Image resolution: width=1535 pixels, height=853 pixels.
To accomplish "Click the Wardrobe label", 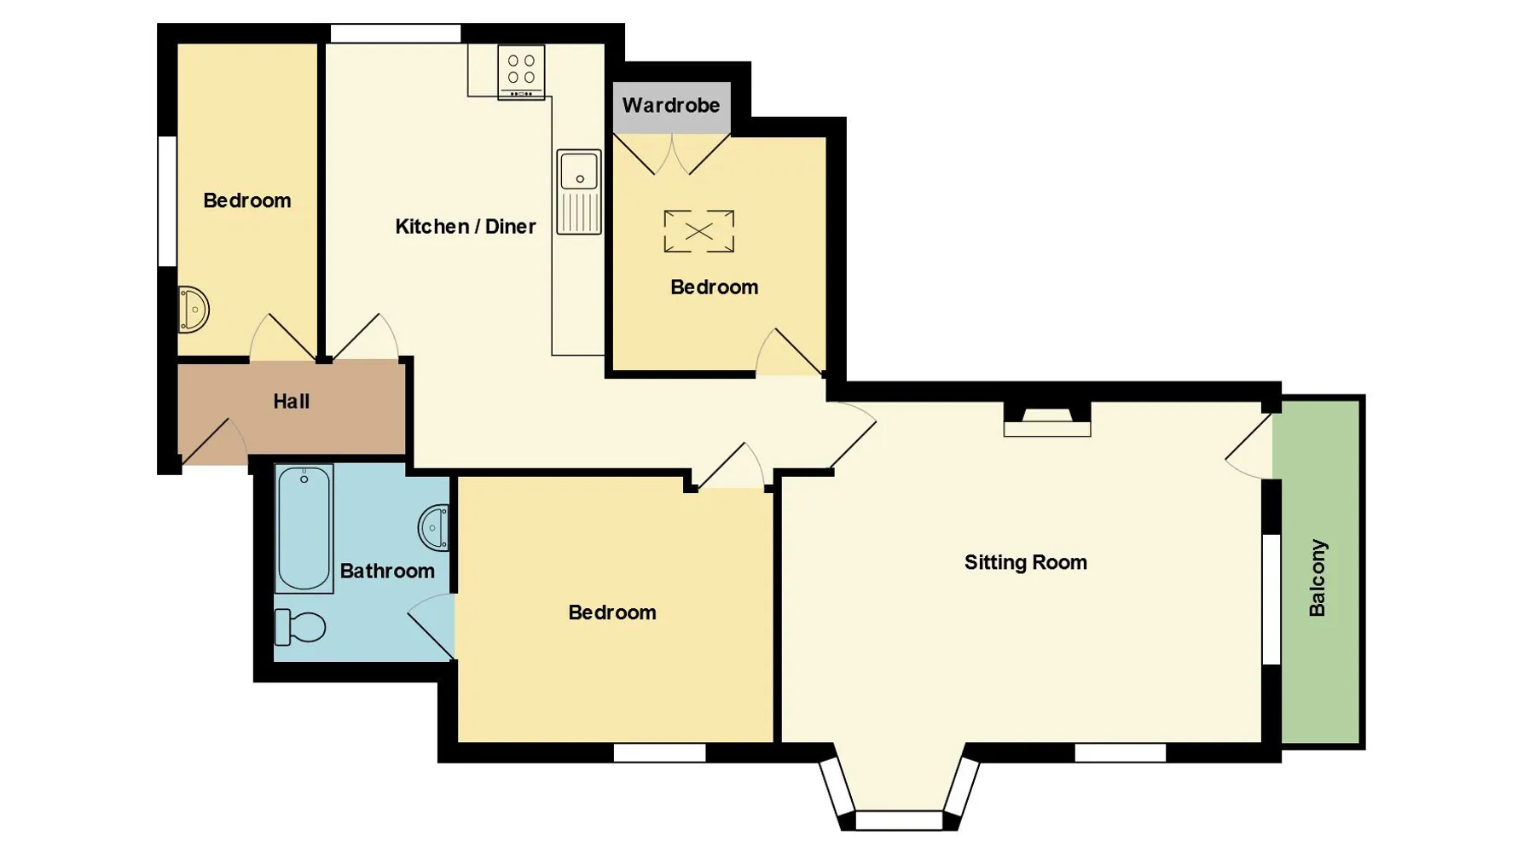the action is [671, 106].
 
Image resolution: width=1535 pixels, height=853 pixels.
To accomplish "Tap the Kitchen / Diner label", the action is [466, 226].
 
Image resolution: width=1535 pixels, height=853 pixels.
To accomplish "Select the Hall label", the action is [291, 401].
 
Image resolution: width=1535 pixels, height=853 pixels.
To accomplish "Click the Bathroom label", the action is [387, 571].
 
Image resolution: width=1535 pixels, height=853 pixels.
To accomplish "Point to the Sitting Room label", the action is [1026, 562].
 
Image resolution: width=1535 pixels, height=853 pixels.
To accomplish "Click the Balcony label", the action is [1318, 577].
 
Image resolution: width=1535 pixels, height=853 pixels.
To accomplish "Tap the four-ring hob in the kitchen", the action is [521, 72].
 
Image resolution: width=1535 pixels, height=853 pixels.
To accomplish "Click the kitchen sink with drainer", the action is [579, 192].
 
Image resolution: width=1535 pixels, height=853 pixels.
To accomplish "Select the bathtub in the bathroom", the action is [304, 528].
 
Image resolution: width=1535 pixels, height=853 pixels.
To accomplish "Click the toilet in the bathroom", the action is [299, 628].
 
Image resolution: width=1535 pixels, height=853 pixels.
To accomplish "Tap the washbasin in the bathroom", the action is [433, 528].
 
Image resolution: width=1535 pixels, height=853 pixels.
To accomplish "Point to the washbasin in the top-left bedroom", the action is [194, 309].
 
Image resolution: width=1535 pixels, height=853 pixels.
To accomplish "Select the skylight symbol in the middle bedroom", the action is [699, 231].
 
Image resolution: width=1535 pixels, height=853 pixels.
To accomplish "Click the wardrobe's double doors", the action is [672, 154].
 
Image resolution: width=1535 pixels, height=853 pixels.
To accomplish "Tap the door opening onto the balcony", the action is [1248, 446].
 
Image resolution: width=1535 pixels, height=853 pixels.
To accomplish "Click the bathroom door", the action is [431, 626].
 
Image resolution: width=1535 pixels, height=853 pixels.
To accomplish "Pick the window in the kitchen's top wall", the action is [396, 33].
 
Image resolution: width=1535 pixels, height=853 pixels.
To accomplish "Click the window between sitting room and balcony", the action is [1271, 599].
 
